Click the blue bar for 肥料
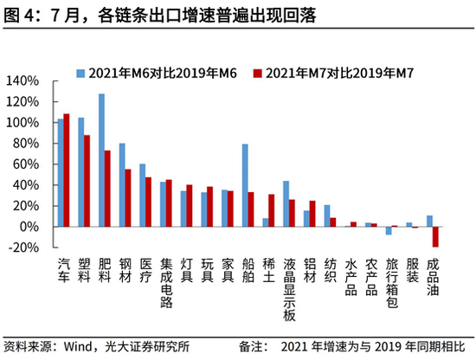coord(101,160)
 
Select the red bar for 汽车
coord(67,170)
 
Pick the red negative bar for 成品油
coord(435,236)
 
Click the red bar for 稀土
coord(272,210)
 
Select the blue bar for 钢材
coord(122,184)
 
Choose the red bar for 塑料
coord(87,180)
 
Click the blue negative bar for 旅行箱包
coord(389,230)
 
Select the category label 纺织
coord(330,270)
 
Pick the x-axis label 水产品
coord(351,276)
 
